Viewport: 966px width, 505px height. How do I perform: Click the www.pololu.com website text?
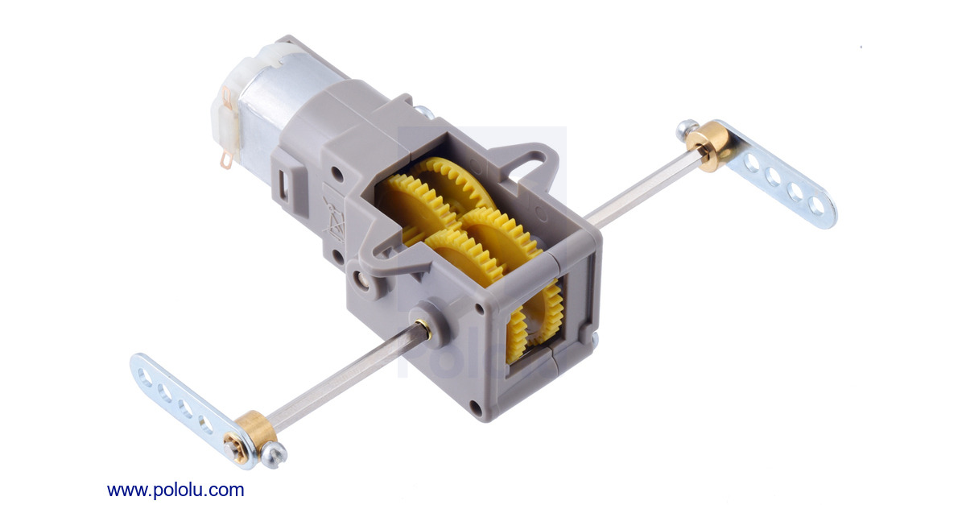(x=175, y=490)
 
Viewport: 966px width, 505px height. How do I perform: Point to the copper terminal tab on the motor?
(x=226, y=162)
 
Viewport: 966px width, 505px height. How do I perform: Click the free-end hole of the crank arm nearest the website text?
(x=145, y=373)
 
